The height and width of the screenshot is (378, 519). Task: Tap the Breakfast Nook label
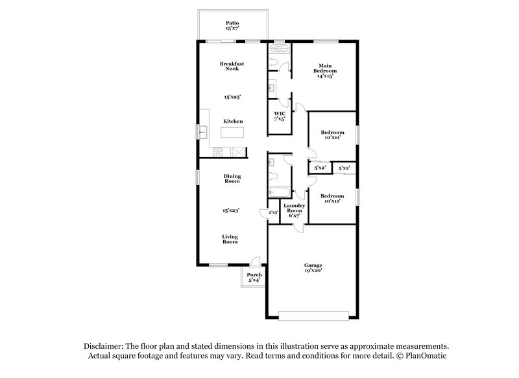point(232,66)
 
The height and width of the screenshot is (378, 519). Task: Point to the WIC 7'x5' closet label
point(280,116)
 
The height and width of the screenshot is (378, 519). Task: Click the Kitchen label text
point(233,121)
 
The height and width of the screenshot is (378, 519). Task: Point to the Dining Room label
point(232,179)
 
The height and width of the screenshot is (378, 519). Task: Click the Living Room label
point(230,239)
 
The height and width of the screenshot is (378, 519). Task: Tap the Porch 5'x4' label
point(254,278)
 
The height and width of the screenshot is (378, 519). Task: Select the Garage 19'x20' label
point(313,268)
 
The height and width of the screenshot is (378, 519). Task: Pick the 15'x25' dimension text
point(232,97)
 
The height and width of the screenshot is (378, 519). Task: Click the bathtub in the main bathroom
point(278,49)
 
